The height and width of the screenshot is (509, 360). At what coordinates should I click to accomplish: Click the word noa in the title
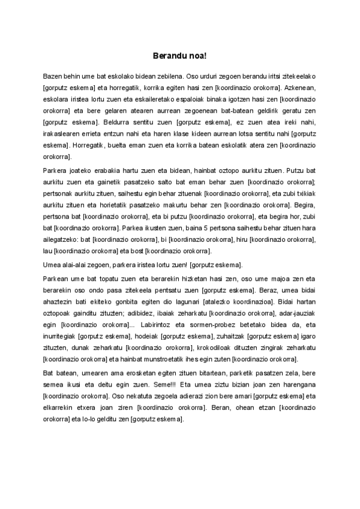(x=199, y=56)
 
